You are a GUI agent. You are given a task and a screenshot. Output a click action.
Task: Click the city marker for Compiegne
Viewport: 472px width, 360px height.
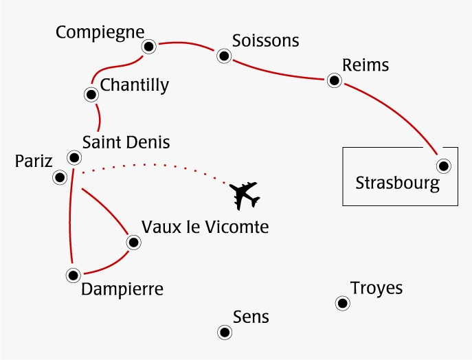click(x=149, y=47)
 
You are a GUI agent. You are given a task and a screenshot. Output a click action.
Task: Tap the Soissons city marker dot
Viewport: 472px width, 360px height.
click(x=223, y=56)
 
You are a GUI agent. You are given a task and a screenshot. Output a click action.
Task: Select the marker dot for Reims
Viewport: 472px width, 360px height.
click(x=335, y=81)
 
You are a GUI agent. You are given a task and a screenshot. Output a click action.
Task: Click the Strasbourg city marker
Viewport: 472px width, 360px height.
click(x=444, y=166)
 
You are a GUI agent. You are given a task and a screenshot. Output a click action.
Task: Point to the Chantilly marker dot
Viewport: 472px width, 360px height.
click(x=91, y=94)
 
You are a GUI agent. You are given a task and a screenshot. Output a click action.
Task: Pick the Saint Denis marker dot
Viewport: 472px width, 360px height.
click(x=73, y=157)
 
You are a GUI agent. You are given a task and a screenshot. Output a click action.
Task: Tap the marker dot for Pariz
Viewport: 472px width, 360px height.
click(x=60, y=178)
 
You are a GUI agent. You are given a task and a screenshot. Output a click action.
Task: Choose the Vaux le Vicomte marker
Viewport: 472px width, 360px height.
click(x=134, y=242)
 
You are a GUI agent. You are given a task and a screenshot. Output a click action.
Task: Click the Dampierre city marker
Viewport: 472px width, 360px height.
click(x=72, y=275)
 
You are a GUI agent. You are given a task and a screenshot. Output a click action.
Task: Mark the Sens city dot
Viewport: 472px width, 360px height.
click(x=224, y=333)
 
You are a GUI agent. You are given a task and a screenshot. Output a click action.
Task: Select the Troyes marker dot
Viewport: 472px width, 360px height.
click(x=341, y=303)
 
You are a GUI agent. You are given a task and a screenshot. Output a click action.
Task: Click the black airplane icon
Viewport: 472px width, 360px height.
click(x=245, y=195)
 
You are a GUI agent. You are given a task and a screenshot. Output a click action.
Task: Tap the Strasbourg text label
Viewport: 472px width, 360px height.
click(x=396, y=183)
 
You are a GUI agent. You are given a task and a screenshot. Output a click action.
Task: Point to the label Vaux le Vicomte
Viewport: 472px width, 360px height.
click(x=204, y=226)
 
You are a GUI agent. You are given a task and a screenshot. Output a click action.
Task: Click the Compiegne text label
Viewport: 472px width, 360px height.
click(x=100, y=32)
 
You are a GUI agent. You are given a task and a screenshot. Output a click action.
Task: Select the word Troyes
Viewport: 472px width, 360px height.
click(x=376, y=288)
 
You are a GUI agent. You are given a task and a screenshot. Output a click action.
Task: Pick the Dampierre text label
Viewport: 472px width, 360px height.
click(x=122, y=289)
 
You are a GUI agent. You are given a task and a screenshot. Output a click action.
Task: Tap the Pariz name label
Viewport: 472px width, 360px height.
click(x=34, y=162)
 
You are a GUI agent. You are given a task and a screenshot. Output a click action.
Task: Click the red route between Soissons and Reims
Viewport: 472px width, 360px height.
click(x=278, y=71)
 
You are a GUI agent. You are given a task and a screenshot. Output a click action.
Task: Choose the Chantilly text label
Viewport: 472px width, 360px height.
click(x=134, y=85)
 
